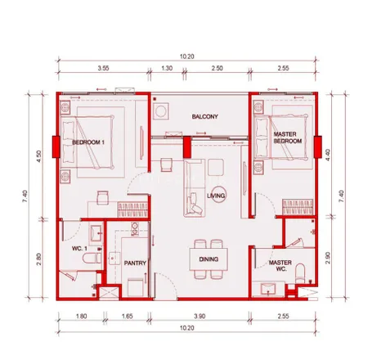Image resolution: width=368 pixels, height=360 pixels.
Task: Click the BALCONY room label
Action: tap(204, 117)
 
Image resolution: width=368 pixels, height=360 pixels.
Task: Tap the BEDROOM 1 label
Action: tap(88, 142)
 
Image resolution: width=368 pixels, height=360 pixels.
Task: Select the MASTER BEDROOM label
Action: tap(288, 137)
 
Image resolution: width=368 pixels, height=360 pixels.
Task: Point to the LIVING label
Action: tap(216, 196)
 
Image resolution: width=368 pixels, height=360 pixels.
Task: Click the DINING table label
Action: tap(209, 259)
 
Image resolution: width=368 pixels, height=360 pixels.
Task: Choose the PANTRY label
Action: tap(135, 263)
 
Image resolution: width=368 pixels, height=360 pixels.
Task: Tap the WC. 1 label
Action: tap(79, 249)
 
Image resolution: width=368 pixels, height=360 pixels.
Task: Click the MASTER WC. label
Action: tap(280, 266)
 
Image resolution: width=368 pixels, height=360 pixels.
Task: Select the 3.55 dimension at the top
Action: tap(103, 68)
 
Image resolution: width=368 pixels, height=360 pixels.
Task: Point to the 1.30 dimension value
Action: tap(167, 68)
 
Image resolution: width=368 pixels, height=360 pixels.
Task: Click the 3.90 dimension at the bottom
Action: tap(200, 317)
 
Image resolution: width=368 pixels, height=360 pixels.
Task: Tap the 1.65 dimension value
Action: tap(127, 317)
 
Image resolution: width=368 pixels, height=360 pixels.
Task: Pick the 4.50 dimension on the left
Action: tap(39, 156)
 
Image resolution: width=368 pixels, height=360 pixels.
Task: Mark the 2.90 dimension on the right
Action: tap(328, 258)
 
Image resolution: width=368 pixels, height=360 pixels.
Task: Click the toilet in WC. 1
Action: tap(92, 258)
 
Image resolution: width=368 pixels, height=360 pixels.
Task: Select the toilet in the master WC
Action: tap(300, 273)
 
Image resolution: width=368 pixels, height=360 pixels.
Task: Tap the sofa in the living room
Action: tap(195, 188)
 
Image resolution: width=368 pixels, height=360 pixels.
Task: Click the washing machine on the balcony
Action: tap(160, 111)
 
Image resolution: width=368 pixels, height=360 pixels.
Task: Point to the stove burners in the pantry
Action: tap(135, 229)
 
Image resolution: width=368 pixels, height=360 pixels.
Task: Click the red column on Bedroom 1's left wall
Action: tap(56, 146)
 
